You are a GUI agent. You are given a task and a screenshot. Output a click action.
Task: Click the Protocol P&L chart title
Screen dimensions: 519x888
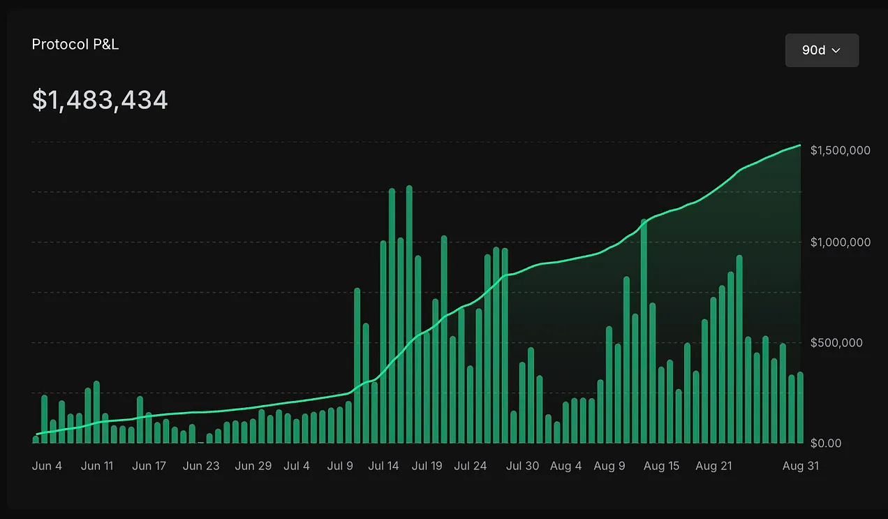coord(75,44)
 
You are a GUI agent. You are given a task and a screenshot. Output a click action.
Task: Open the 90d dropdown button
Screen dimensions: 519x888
coord(822,50)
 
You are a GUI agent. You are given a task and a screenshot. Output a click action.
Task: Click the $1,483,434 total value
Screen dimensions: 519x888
coord(100,101)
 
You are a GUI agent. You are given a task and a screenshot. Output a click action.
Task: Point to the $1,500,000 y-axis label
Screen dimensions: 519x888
coord(841,150)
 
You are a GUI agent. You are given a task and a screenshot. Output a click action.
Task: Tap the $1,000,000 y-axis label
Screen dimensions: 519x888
coord(841,242)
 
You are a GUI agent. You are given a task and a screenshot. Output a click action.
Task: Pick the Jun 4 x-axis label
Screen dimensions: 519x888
coord(47,466)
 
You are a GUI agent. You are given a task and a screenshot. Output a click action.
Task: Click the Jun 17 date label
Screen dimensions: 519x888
coord(149,466)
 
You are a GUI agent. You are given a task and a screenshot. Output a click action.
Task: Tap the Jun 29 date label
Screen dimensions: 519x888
coord(253,466)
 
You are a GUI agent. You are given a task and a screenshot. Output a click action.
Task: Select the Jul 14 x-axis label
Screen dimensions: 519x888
coord(383,466)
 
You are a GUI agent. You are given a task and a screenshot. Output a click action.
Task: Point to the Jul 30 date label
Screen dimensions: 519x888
coord(522,466)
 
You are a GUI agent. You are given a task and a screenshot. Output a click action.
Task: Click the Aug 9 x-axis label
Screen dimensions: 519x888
coord(609,466)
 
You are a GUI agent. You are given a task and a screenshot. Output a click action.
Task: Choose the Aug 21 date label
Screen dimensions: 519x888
coord(713,466)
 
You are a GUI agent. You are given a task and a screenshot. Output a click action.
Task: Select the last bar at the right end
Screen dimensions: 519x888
coord(800,408)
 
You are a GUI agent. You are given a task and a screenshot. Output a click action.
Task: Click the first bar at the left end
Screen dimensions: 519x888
coord(36,439)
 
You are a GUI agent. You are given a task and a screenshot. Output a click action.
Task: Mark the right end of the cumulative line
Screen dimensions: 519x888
coord(800,145)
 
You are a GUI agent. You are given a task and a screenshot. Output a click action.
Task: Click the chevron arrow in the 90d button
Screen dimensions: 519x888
coord(836,50)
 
